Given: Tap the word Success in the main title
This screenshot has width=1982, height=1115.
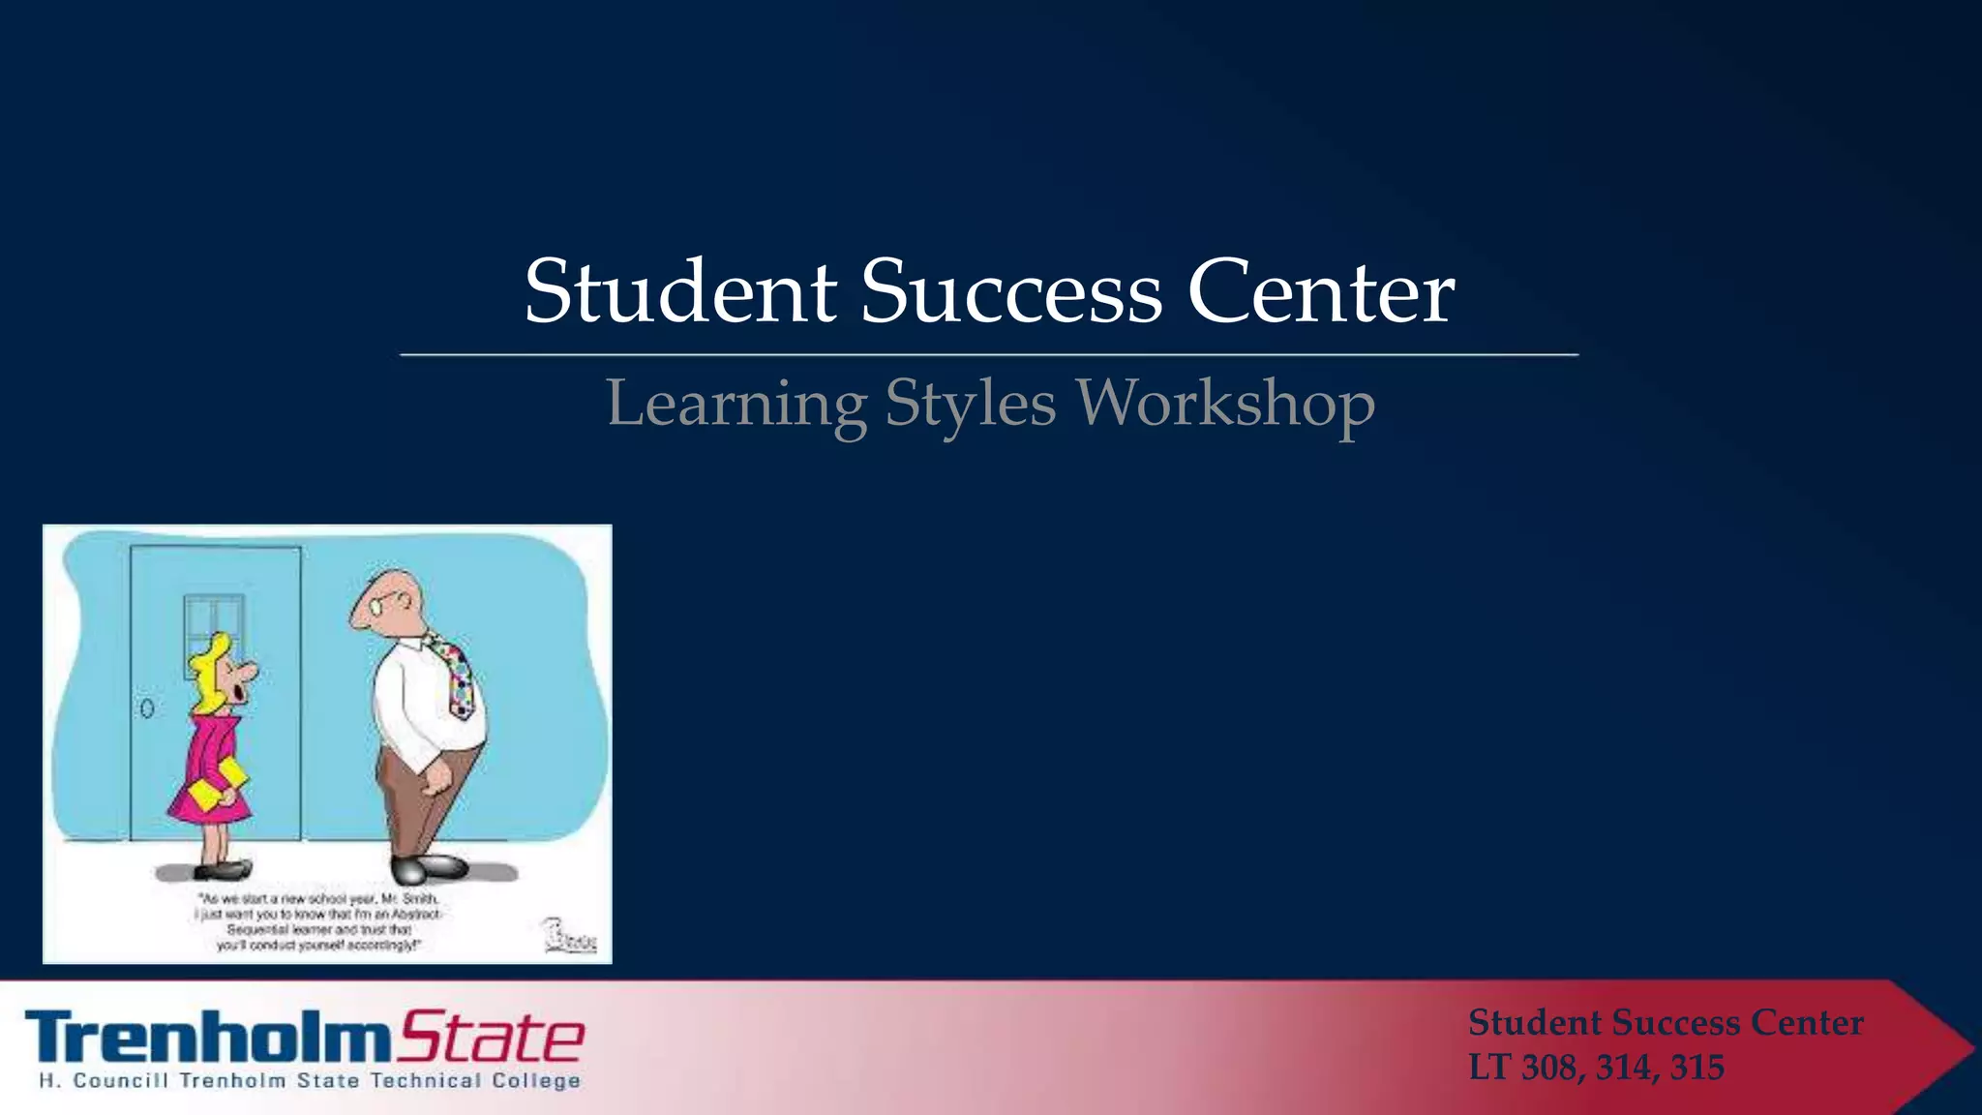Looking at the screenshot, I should pos(1010,291).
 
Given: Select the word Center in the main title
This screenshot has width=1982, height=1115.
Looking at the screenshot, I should pos(1320,291).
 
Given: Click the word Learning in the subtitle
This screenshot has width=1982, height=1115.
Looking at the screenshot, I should pos(736,404).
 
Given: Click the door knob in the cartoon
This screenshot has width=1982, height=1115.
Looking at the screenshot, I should pos(147,708).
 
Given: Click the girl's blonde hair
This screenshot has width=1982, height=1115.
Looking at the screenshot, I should pos(208,658).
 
